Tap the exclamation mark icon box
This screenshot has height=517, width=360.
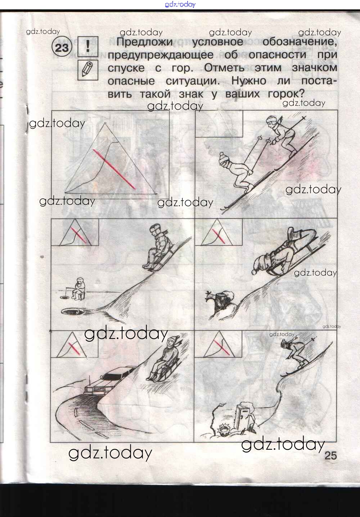pos(88,46)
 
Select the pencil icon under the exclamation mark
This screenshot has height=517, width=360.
pos(88,70)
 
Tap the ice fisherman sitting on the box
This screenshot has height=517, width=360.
pos(78,289)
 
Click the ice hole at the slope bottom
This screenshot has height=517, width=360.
pos(72,312)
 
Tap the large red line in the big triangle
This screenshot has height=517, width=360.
pos(114,169)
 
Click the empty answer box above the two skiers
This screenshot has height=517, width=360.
pos(219,123)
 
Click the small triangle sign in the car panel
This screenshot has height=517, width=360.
pos(72,345)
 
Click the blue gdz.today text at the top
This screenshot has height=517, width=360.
pos(180,4)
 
